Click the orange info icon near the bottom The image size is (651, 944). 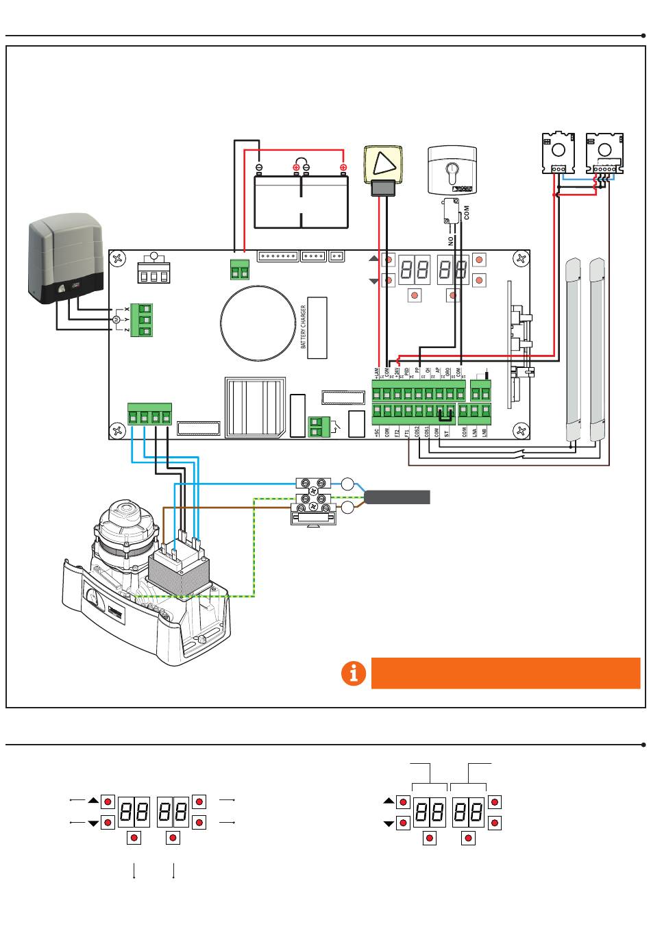tap(354, 673)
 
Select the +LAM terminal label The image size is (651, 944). tap(376, 373)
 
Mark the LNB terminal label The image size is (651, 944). tap(484, 432)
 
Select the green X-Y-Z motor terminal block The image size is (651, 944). tap(145, 320)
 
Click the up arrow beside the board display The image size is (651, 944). tap(373, 259)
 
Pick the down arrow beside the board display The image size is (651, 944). tap(373, 282)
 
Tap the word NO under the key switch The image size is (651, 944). tap(451, 240)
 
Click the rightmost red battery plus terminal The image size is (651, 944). tap(343, 167)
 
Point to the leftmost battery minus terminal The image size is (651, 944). tap(259, 167)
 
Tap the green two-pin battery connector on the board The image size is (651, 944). tap(239, 271)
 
